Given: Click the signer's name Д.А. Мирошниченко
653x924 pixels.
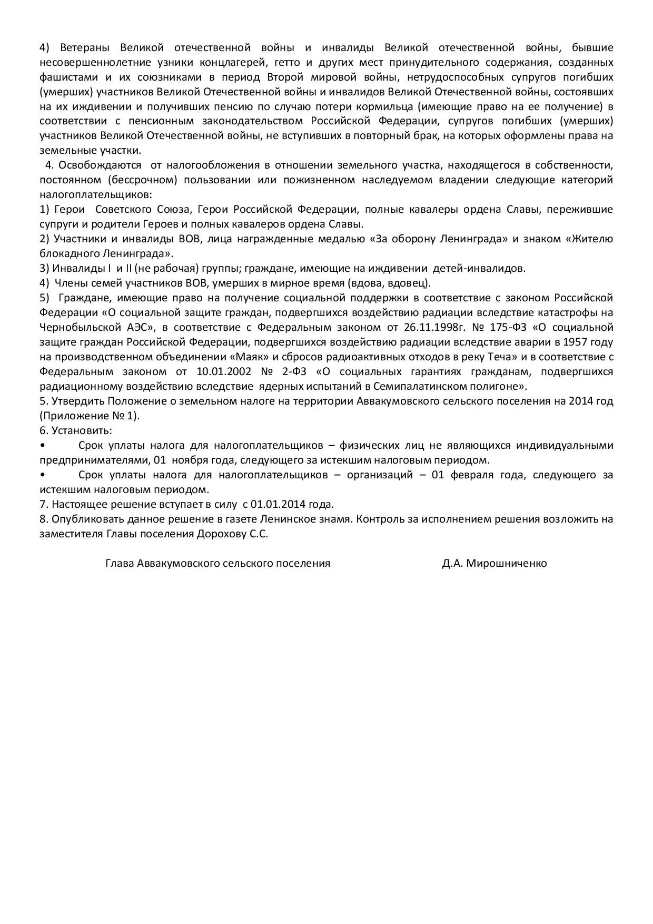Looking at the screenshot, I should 494,563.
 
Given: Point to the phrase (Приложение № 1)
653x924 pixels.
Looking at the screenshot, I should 90,416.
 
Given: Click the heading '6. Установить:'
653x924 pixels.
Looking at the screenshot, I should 76,430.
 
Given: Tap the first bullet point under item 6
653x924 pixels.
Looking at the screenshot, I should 42,446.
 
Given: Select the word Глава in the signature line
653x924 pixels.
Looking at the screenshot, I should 119,563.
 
